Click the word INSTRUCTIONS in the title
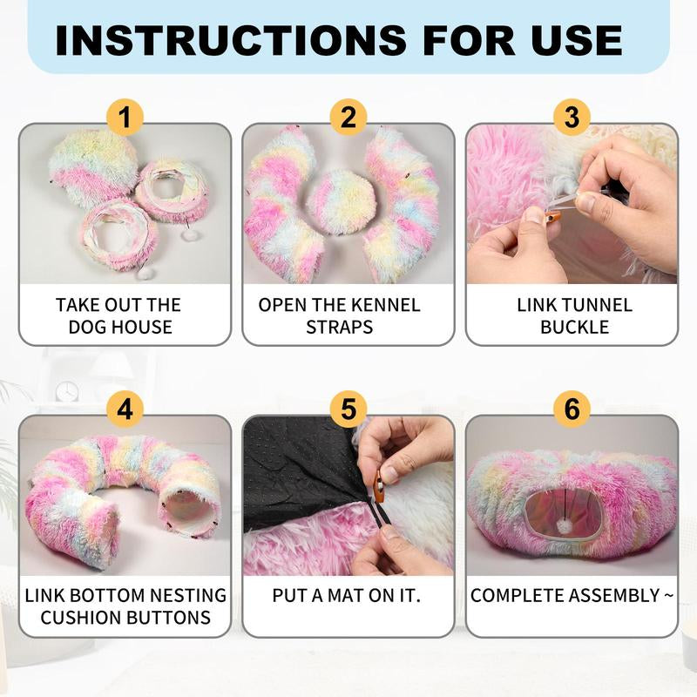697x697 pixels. [230, 40]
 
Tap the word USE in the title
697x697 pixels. [577, 40]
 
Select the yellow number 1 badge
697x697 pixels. [125, 118]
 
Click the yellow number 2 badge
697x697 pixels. [348, 118]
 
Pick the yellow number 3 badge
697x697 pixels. [572, 118]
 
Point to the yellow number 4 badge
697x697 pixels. [125, 409]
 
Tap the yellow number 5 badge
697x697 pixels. [348, 409]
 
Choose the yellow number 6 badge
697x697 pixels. [572, 409]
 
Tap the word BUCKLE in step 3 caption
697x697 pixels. [574, 328]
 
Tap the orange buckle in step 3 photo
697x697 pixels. [553, 217]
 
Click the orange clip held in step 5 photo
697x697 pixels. [379, 486]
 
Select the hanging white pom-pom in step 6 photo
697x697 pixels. [565, 528]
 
